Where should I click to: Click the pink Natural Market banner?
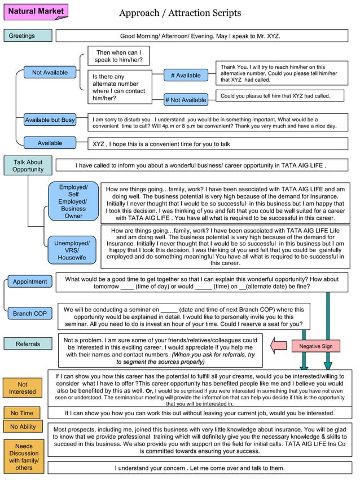36,11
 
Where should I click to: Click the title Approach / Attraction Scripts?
180,12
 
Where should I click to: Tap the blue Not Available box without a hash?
50,72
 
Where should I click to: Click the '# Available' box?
186,75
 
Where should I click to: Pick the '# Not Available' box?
186,100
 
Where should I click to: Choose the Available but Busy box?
50,120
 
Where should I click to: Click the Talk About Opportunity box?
28,166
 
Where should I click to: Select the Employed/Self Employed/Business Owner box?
73,201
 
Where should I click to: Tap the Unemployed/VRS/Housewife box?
71,250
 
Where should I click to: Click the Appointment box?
30,281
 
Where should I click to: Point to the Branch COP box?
30,314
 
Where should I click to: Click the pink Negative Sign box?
315,346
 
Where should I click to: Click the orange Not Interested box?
23,388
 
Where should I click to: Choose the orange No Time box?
22,413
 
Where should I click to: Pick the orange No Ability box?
23,427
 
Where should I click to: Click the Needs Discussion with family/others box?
24,457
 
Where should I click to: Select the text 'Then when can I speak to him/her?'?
118,56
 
